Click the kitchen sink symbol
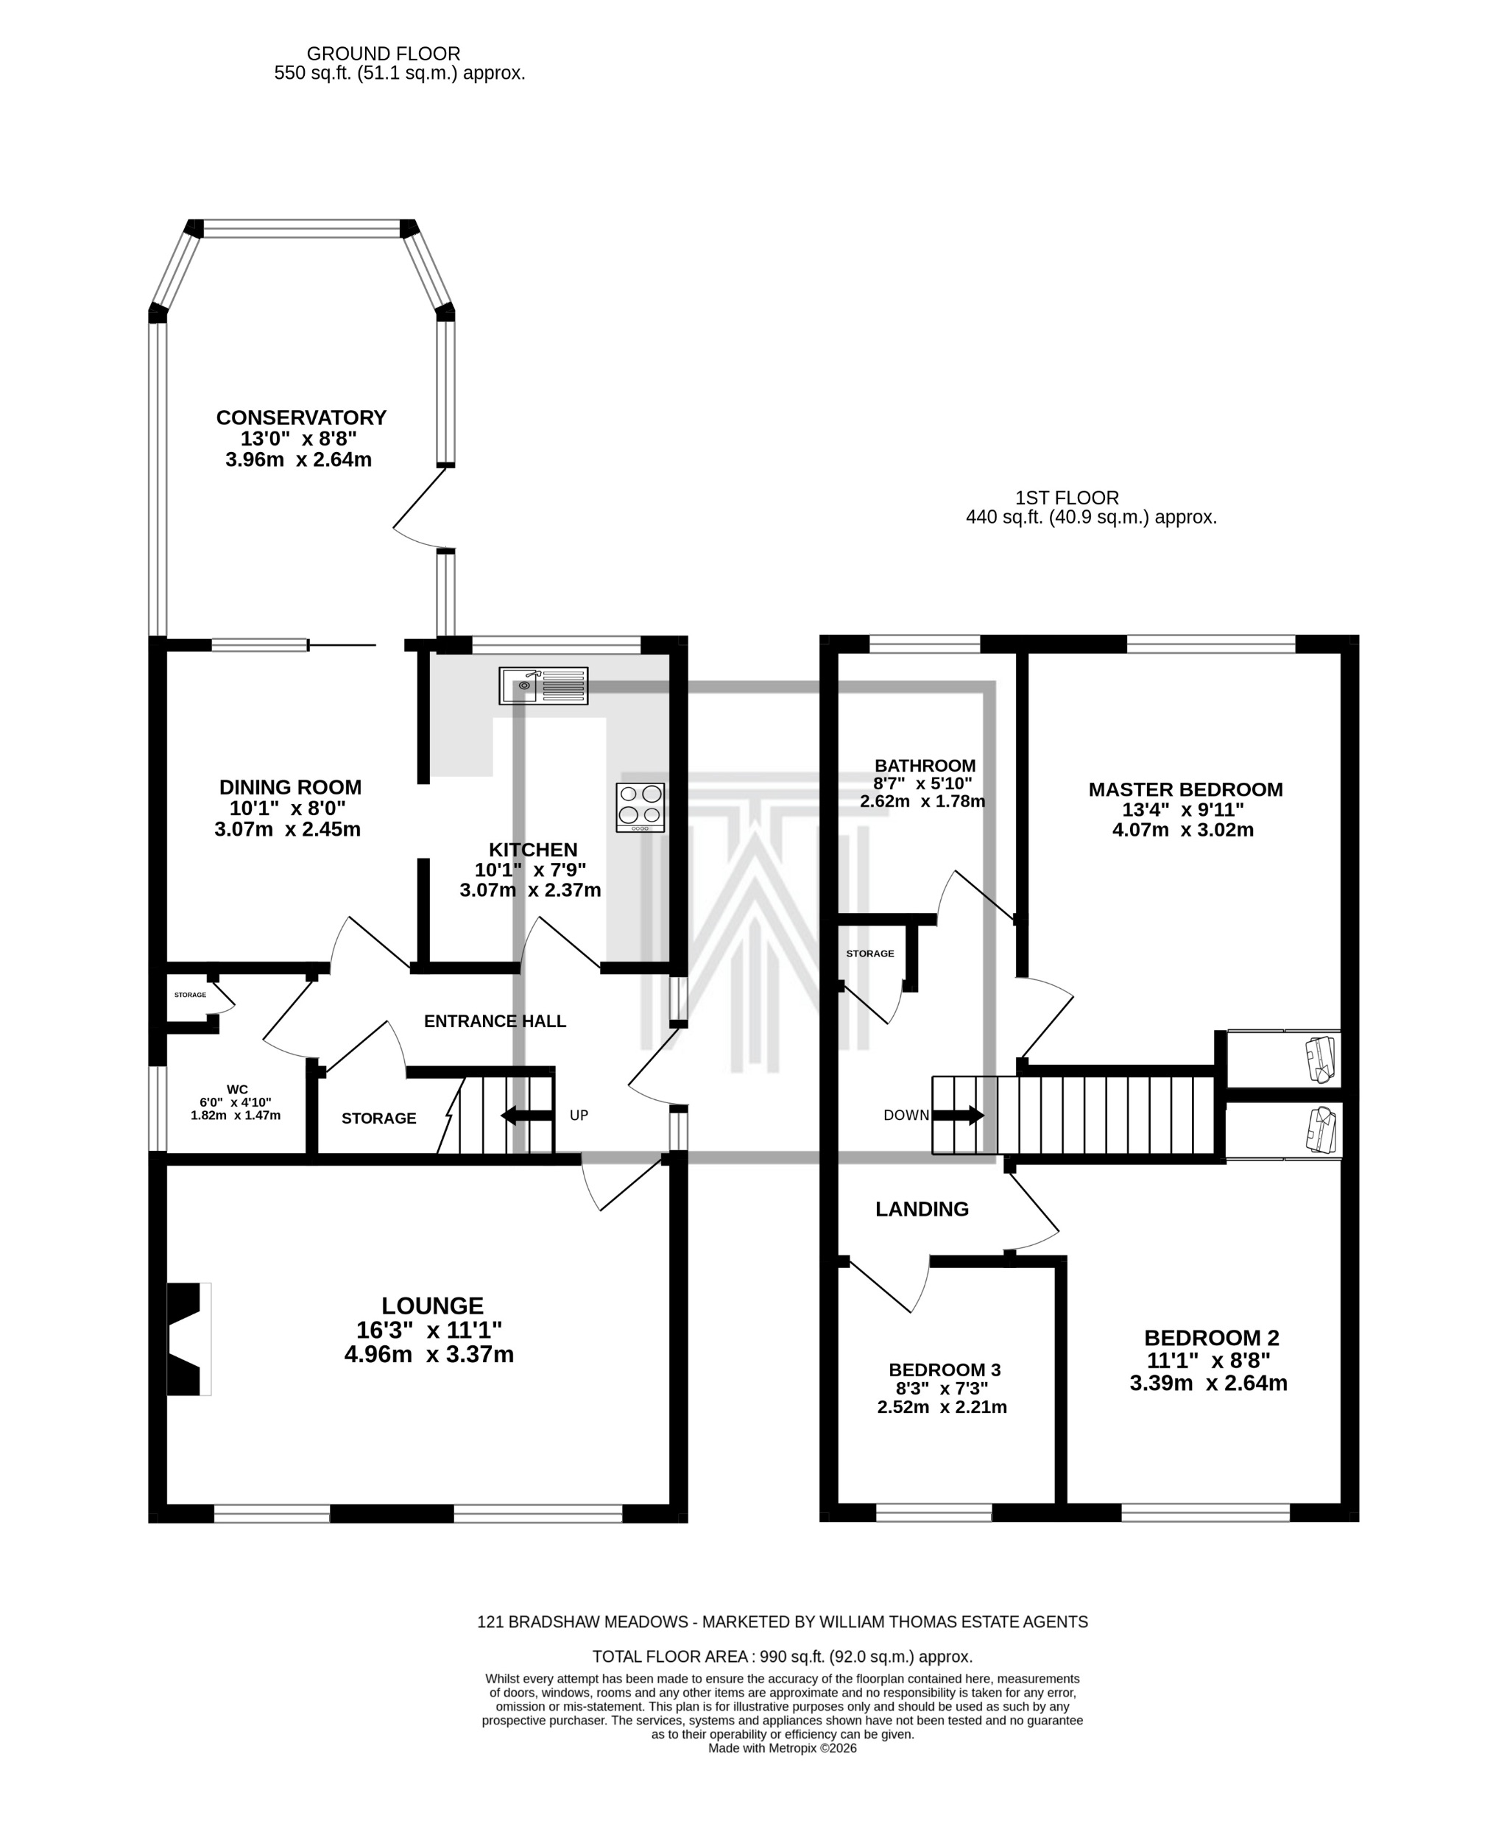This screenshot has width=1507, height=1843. [543, 686]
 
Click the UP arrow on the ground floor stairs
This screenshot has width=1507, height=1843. [527, 1116]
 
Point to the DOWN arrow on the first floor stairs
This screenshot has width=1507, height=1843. [958, 1116]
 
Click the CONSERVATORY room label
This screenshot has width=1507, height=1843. [300, 417]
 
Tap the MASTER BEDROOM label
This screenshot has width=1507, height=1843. [1185, 789]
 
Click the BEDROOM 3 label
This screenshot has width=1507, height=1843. [945, 1370]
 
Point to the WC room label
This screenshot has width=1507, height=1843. [237, 1090]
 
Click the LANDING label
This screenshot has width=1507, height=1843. [921, 1209]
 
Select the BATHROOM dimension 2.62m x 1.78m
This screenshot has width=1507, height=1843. [922, 801]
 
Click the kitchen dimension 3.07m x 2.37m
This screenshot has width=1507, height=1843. [529, 889]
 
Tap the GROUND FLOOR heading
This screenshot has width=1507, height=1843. [384, 54]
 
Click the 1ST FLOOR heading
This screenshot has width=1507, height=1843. [1067, 498]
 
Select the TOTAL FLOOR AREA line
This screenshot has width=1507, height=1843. [781, 1657]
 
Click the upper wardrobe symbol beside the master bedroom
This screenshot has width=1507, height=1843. [1320, 1059]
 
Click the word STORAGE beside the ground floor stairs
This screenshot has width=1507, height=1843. [378, 1118]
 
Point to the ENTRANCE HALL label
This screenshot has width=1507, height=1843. [495, 1022]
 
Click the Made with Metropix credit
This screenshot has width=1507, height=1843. [781, 1748]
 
